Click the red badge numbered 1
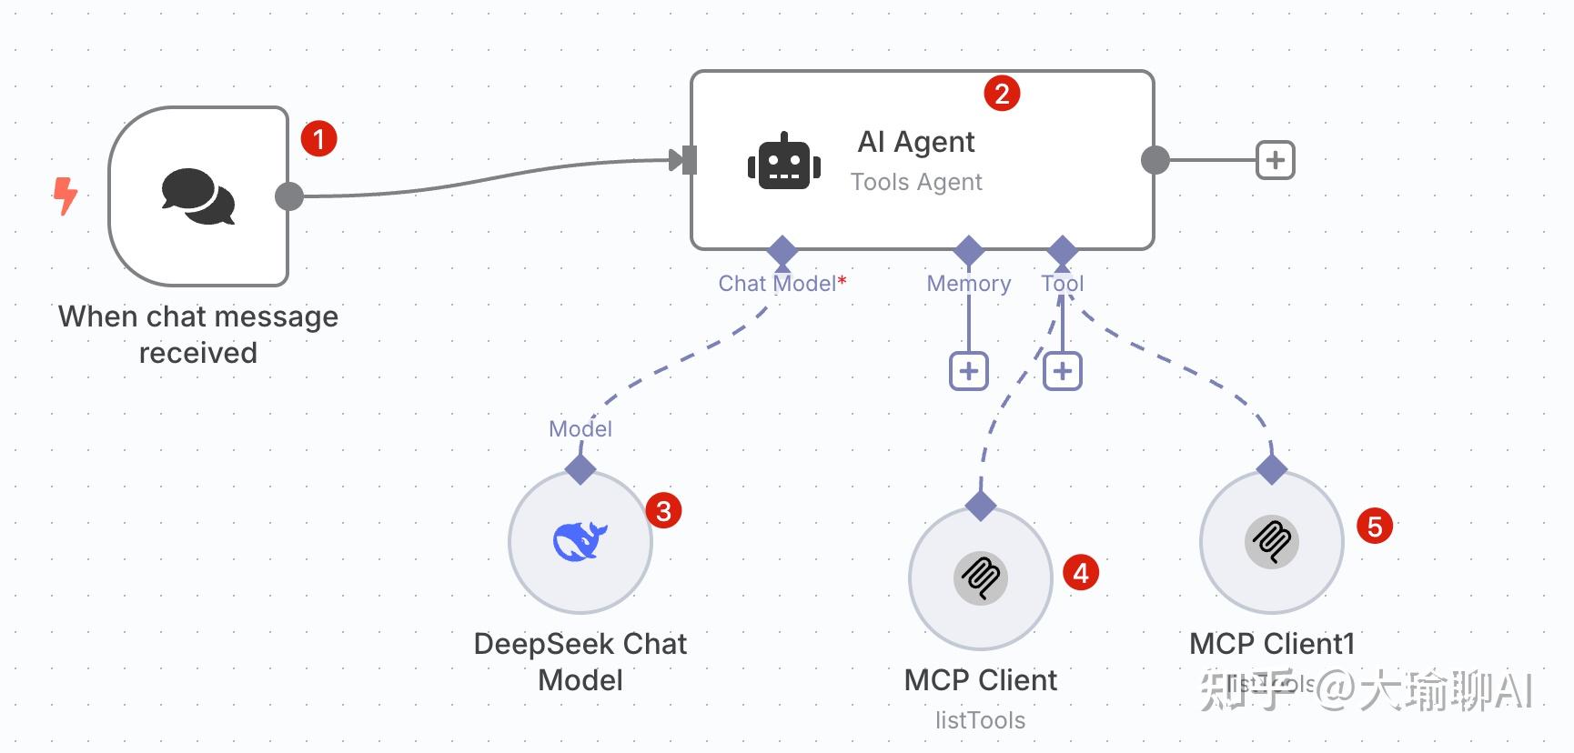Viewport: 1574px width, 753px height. click(318, 139)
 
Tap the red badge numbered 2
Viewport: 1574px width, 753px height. click(1002, 94)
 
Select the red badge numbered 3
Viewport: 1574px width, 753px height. click(663, 511)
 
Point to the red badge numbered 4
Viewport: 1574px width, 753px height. click(1081, 573)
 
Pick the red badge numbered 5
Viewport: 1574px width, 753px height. click(1375, 527)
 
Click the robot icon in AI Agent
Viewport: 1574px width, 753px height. click(783, 163)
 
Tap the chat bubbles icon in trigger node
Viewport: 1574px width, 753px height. click(198, 196)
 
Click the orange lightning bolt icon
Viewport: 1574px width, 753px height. click(66, 196)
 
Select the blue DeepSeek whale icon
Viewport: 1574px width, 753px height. click(580, 542)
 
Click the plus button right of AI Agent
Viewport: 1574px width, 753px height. click(1275, 160)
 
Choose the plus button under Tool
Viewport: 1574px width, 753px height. click(1062, 371)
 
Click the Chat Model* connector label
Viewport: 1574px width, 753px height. click(782, 284)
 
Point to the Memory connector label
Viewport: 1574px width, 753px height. click(968, 284)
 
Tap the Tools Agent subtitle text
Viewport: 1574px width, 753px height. click(916, 182)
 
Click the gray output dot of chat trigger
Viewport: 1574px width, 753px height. click(289, 196)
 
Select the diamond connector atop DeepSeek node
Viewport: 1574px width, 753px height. click(580, 469)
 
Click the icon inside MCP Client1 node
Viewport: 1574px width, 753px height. click(1271, 542)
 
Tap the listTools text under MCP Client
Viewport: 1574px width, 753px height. click(980, 720)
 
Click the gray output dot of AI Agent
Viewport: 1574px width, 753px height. click(1155, 160)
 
